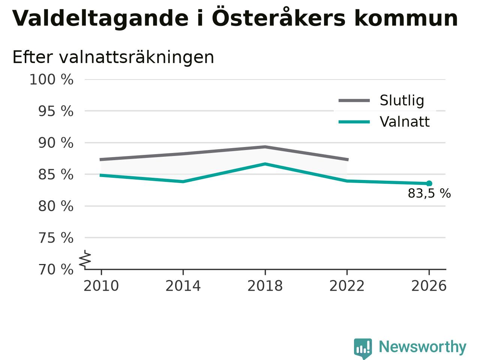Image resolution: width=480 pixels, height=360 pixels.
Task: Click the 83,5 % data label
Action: point(429,193)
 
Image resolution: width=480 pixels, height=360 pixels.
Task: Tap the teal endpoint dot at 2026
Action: point(429,183)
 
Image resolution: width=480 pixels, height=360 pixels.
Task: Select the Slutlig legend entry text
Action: point(402,100)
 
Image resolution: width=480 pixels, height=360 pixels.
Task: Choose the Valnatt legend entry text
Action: point(405,122)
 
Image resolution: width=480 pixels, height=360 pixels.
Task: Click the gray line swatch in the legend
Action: point(354,100)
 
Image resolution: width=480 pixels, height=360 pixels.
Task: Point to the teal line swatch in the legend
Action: point(354,122)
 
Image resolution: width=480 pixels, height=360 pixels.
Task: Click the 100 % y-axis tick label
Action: point(51,79)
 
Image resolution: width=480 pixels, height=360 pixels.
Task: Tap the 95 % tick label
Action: point(56,111)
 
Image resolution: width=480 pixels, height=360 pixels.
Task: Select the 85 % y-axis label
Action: point(56,175)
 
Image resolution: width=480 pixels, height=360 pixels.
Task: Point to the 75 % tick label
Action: point(56,238)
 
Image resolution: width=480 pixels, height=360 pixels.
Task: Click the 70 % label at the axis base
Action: point(56,270)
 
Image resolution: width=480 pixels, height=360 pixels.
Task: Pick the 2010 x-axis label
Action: point(101,286)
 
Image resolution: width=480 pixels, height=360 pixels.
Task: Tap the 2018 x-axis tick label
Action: point(265,286)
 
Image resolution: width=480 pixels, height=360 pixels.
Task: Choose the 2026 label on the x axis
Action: point(429,286)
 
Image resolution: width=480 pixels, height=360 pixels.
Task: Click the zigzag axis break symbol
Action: point(85,259)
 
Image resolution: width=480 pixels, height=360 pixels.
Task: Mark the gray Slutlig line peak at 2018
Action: point(265,147)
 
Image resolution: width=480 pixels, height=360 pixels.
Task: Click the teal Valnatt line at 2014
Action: point(183,181)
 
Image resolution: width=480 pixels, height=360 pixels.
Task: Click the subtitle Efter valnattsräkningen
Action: point(113,57)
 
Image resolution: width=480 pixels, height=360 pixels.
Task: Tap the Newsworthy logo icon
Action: point(363,348)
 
